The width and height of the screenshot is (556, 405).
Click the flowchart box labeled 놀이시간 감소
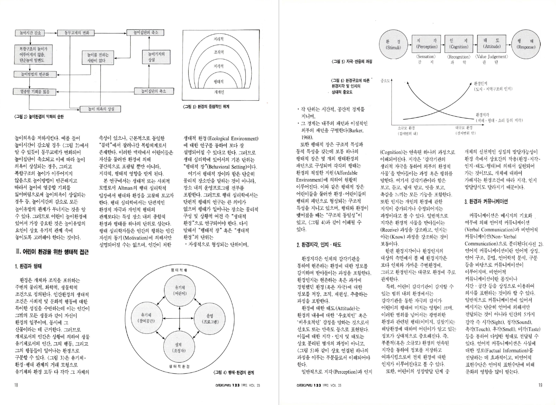pos(30,33)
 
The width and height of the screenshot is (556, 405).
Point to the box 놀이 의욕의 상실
pos(101,109)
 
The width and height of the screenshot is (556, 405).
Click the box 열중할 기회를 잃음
pos(35,92)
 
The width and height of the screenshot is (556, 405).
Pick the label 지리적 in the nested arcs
pos(219,39)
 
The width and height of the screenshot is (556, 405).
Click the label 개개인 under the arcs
pos(219,92)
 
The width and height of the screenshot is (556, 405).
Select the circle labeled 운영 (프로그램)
pos(210,319)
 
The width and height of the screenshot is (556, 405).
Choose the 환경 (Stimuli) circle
pos(393,44)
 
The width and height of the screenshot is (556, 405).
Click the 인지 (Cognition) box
pos(459,44)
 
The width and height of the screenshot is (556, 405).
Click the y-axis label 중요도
pos(385,81)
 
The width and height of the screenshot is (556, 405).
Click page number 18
pos(16,385)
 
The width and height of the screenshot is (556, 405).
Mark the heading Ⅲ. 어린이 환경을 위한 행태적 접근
pos(52,252)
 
